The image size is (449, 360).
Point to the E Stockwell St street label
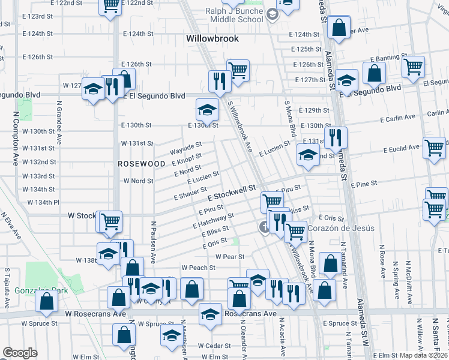pyautogui.click(x=232, y=193)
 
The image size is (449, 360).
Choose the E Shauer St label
pyautogui.click(x=190, y=193)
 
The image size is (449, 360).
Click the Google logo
pyautogui.click(x=20, y=353)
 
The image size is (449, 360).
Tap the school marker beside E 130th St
pyautogui.click(x=206, y=110)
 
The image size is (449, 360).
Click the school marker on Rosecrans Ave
pyautogui.click(x=210, y=314)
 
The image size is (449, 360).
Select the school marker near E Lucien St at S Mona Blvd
pyautogui.click(x=307, y=155)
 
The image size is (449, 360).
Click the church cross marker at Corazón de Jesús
pyautogui.click(x=264, y=227)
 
